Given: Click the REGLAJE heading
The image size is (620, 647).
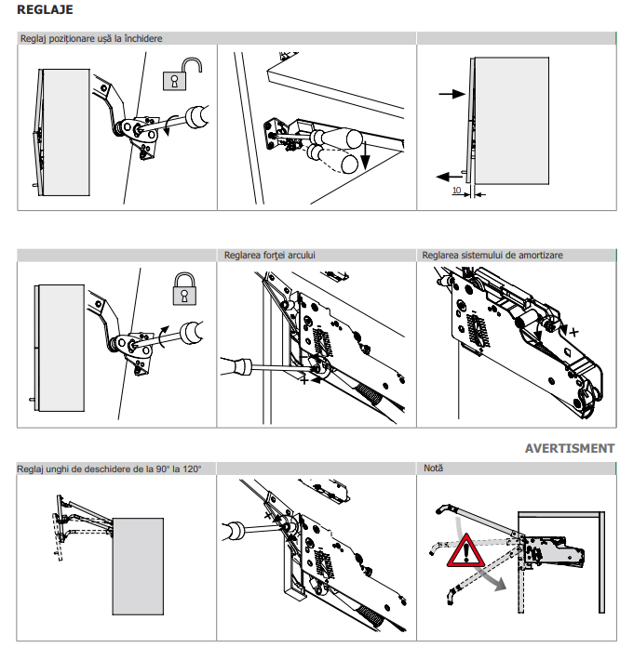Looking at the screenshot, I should pyautogui.click(x=46, y=10).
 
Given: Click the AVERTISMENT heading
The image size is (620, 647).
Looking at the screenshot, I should pyautogui.click(x=569, y=448).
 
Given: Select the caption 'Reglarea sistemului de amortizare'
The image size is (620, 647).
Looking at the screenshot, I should pyautogui.click(x=492, y=255).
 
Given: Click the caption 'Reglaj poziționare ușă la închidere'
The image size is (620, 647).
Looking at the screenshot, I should pyautogui.click(x=90, y=39).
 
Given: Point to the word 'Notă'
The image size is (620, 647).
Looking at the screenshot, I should pyautogui.click(x=433, y=468).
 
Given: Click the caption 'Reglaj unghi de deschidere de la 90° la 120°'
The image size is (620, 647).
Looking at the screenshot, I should pyautogui.click(x=108, y=468).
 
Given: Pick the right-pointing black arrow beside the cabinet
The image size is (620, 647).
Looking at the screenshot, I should pyautogui.click(x=451, y=94).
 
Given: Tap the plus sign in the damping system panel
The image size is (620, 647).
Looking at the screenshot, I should pyautogui.click(x=573, y=332).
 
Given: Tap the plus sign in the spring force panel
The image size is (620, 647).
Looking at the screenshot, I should pyautogui.click(x=304, y=380).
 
